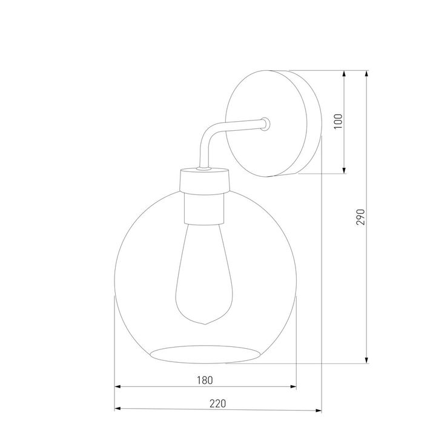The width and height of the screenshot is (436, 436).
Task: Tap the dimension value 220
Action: point(217,402)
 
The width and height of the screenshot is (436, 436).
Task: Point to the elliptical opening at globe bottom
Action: point(205,355)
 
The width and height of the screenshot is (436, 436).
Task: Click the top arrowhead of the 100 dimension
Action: point(345,74)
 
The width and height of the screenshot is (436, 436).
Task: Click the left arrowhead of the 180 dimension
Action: point(119,386)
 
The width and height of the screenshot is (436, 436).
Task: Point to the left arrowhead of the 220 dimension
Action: point(119,408)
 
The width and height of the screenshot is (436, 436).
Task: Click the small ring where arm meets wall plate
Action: point(265,125)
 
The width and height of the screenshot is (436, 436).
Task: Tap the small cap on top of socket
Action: point(204,170)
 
